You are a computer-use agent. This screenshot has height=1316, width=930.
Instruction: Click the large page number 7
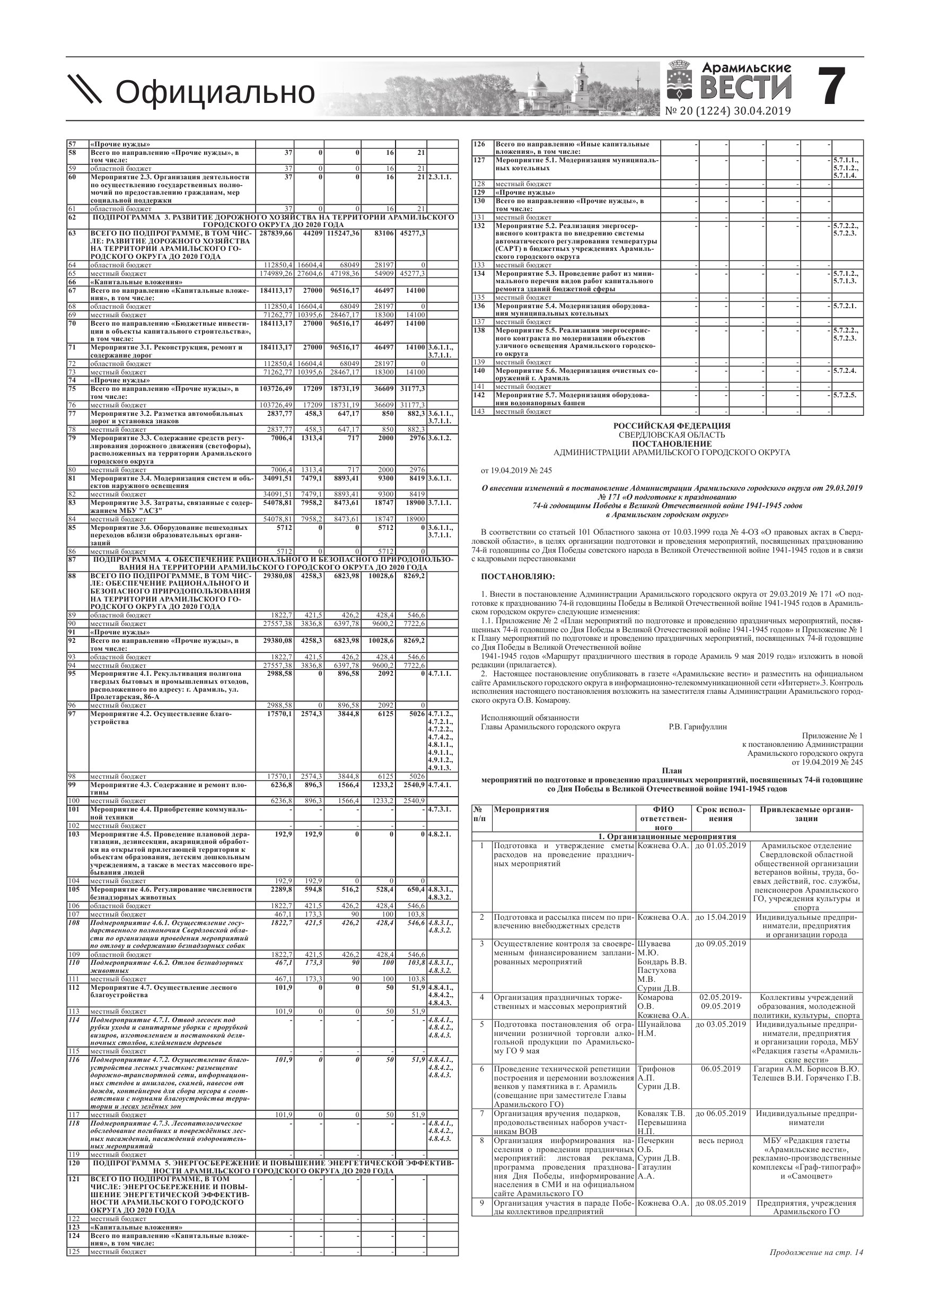[830, 86]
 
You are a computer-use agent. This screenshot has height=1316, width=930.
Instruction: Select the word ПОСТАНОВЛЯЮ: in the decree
[518, 576]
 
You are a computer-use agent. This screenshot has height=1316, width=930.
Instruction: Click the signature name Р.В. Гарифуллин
[697, 726]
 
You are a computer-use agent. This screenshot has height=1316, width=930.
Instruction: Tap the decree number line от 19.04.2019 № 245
[516, 470]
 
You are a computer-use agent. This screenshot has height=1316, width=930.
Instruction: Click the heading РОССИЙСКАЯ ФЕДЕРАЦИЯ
[672, 426]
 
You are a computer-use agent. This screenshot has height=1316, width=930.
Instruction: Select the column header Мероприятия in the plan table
[521, 809]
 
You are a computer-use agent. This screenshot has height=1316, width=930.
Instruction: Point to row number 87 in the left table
[72, 559]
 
